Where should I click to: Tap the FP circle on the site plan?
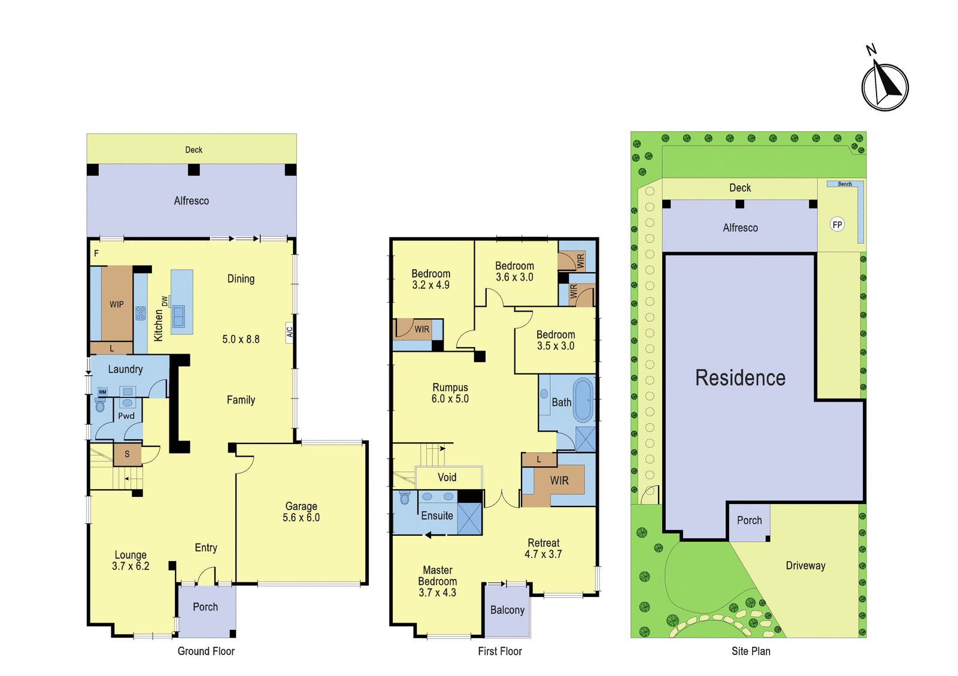pos(837,225)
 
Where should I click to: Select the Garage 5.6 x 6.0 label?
pos(301,512)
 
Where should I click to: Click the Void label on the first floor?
pos(447,478)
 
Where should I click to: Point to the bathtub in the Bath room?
pos(583,400)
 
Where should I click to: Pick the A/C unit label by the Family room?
pos(290,332)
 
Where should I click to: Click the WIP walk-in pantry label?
pos(116,304)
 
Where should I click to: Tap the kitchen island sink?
pos(178,316)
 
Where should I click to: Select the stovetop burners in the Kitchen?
pos(140,313)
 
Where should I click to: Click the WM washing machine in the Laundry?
pos(102,392)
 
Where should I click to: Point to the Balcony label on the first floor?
pos(507,610)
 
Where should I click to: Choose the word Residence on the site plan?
pos(740,378)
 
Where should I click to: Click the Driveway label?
pos(805,566)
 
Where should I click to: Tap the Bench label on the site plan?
pos(845,184)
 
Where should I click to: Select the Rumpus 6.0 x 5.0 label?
pos(450,393)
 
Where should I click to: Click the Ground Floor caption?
pos(206,651)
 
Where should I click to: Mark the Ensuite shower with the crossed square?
pos(469,518)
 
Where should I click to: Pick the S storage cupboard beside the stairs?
pos(127,454)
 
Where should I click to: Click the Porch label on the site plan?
pos(749,520)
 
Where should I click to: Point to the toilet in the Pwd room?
pos(100,404)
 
